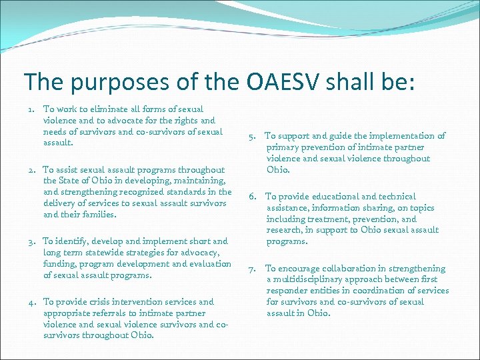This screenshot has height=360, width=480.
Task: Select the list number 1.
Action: [31, 109]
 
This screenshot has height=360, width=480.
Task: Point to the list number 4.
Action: [31, 302]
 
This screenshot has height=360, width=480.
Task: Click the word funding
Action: [59, 264]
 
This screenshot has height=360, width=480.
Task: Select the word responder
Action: [289, 291]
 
